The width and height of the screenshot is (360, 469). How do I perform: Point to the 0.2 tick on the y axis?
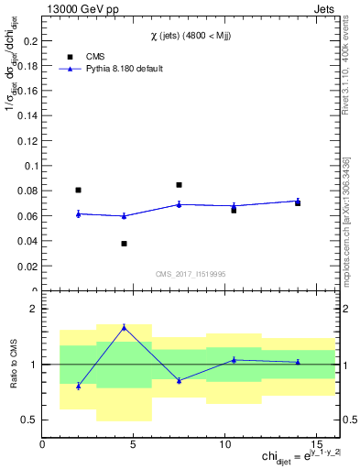click(x=31, y=41)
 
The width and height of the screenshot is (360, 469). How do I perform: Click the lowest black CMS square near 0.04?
click(x=124, y=244)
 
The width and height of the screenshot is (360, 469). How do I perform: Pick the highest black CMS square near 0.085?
click(x=179, y=185)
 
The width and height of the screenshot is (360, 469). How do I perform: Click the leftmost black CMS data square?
click(x=78, y=190)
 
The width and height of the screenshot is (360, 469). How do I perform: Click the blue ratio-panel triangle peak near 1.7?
click(x=124, y=327)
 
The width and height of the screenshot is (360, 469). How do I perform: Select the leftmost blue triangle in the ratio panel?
click(x=78, y=386)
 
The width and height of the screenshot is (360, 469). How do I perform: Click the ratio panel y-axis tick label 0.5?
click(x=29, y=420)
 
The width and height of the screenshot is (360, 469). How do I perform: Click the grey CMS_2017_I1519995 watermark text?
click(x=190, y=274)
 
